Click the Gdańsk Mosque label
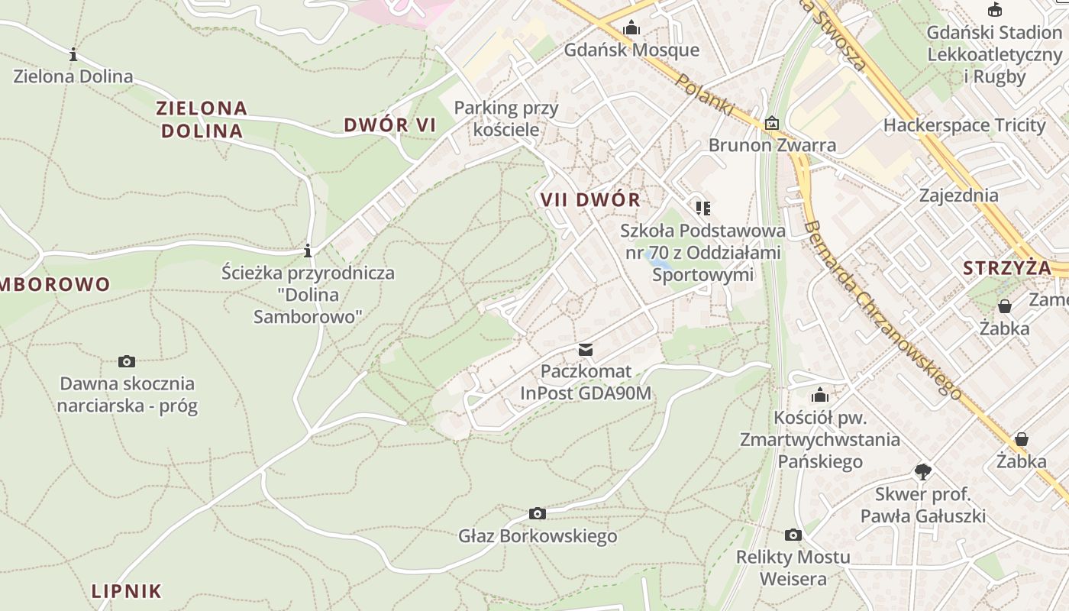click(631, 50)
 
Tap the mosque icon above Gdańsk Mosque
click(631, 28)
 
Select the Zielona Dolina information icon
click(73, 54)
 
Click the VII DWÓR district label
click(590, 200)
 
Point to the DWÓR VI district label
click(389, 125)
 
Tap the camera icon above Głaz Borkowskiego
click(538, 513)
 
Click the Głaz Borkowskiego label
click(538, 536)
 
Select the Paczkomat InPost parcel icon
click(586, 349)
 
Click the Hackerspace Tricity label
click(964, 125)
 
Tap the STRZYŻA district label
click(1007, 268)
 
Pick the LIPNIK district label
click(127, 591)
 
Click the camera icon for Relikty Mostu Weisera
click(793, 535)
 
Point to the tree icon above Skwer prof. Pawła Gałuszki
click(923, 471)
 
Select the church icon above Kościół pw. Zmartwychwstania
click(820, 395)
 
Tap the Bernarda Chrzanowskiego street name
click(882, 309)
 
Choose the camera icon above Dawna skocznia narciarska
click(127, 361)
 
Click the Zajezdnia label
click(958, 196)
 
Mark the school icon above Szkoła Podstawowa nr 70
click(702, 208)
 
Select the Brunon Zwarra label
click(772, 145)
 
